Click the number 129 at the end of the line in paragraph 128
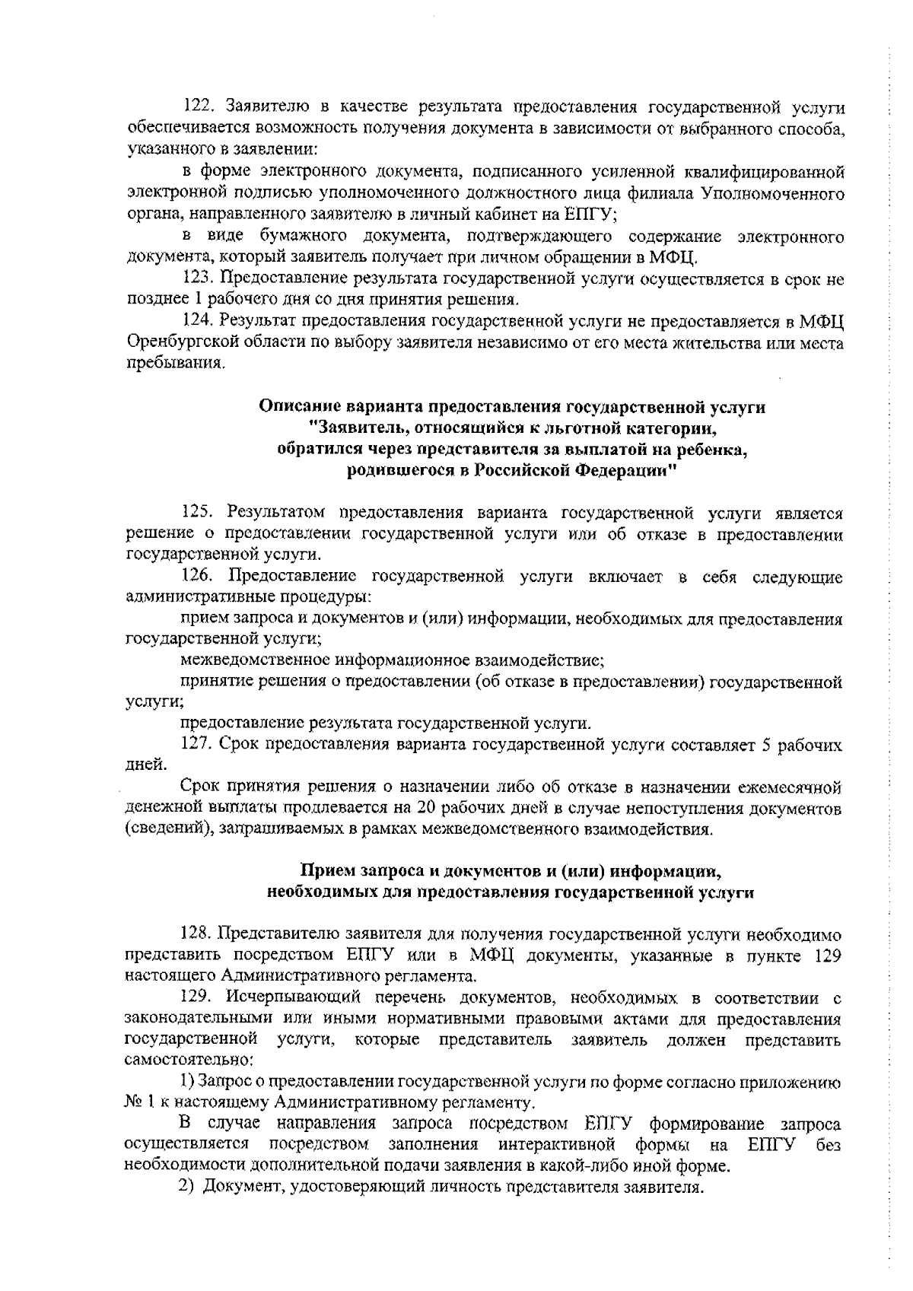pyautogui.click(x=826, y=955)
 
